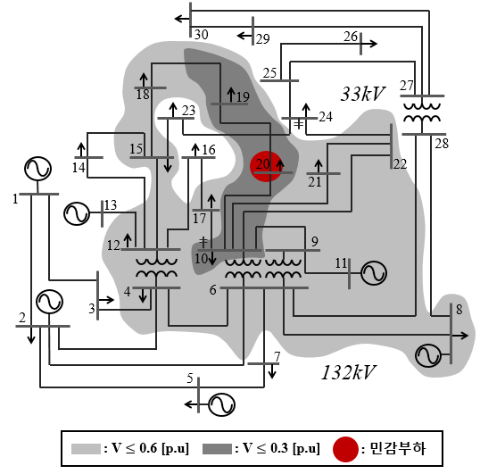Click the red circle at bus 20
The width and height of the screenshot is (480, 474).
[266, 166]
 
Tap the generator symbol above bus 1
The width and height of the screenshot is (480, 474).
[37, 169]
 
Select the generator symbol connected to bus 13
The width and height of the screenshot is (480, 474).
[77, 213]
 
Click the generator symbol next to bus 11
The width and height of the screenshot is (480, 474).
[374, 273]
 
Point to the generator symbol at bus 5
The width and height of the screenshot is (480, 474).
[221, 404]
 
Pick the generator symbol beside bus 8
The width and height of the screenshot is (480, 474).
[428, 355]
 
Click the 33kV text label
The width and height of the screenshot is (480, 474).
[362, 94]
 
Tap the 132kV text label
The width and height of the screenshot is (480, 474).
[348, 372]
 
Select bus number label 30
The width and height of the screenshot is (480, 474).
[201, 34]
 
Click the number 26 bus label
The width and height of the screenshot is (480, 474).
[351, 37]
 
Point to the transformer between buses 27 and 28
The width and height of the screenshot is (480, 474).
[422, 115]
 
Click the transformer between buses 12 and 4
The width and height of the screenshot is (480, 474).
[156, 269]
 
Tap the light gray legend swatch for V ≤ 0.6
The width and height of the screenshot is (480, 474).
[86, 449]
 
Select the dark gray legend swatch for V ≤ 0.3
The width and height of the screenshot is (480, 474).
[217, 449]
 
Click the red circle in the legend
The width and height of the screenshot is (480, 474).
[345, 449]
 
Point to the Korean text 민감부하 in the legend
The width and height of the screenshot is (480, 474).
[398, 449]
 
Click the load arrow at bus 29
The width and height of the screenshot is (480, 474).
[244, 36]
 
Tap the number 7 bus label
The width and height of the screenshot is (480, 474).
[277, 356]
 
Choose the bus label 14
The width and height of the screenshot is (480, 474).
[79, 168]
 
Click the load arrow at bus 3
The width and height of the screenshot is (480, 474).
[106, 300]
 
